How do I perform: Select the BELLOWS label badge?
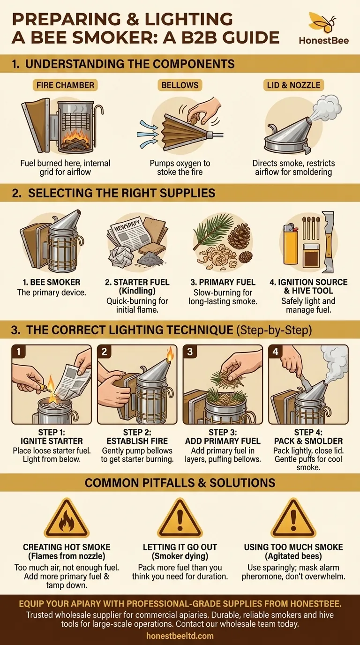tap(180, 86)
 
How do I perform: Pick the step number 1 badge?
tap(18, 352)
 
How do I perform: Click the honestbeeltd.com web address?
tap(180, 636)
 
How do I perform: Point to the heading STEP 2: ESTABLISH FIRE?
tap(137, 436)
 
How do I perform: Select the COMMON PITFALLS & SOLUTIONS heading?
tap(180, 482)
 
